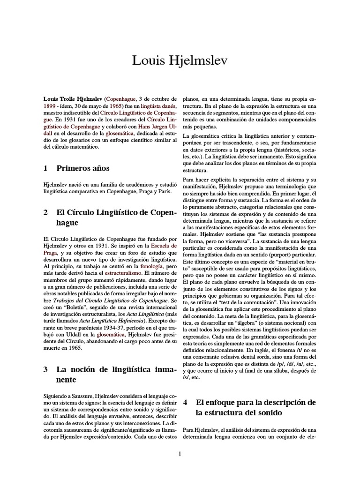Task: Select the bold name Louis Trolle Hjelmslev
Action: pyautogui.click(x=73, y=99)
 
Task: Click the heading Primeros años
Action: pyautogui.click(x=83, y=168)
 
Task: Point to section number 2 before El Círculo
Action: pyautogui.click(x=45, y=212)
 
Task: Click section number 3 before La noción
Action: pyautogui.click(x=45, y=369)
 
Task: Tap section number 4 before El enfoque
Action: pyautogui.click(x=186, y=402)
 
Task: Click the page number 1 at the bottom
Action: pyautogui.click(x=180, y=453)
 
